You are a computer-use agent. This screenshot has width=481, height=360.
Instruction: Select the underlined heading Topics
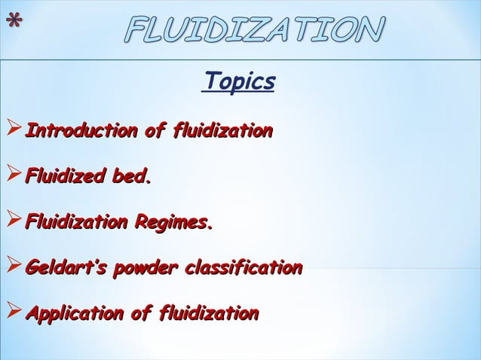(x=239, y=82)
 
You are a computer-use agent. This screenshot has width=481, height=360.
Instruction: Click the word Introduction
(x=80, y=133)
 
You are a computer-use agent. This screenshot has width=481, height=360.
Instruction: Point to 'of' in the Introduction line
(x=154, y=133)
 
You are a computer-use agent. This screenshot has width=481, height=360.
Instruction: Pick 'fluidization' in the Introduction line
(x=222, y=133)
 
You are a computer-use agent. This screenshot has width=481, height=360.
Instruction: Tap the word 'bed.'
(x=132, y=178)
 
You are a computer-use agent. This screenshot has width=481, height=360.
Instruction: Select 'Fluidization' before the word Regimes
(x=76, y=223)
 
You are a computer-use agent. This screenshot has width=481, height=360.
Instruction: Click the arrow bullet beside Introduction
(x=12, y=133)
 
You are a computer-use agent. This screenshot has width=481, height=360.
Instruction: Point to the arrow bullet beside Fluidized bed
(x=12, y=178)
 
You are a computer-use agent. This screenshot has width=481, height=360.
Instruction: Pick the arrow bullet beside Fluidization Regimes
(x=12, y=223)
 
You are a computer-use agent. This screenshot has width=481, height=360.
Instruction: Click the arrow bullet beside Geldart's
(x=12, y=267)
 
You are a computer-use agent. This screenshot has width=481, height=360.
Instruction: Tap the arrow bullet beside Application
(x=12, y=313)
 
